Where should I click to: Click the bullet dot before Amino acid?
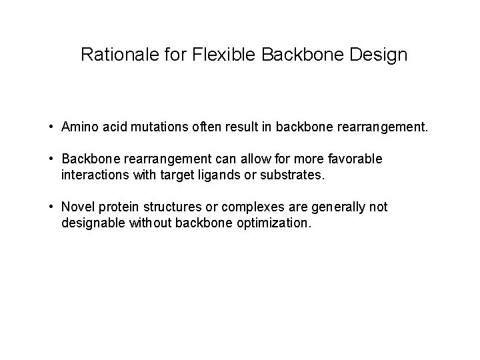coord(51,127)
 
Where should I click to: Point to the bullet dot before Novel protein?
coord(51,208)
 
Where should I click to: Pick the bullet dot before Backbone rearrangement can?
coord(51,159)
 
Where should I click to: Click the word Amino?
coord(78,127)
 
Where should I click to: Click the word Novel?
coord(77,208)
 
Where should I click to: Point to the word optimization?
coord(273,224)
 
